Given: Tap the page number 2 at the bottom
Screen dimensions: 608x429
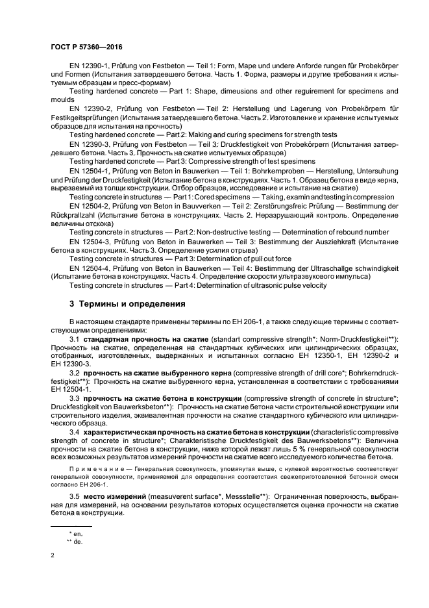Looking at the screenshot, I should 53,555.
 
